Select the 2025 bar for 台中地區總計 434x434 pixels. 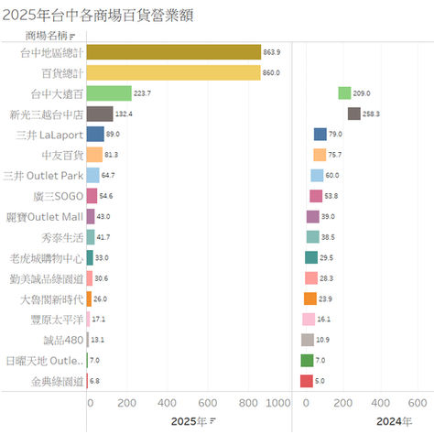(x=173, y=51)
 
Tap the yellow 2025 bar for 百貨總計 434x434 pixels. (x=173, y=72)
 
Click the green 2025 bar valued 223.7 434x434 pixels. (x=109, y=92)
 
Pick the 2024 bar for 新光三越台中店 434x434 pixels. (x=353, y=114)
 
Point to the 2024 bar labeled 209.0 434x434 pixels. (x=344, y=92)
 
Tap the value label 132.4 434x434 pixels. (x=125, y=114)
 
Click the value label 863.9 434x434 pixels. (x=272, y=52)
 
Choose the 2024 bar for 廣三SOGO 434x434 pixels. (x=316, y=196)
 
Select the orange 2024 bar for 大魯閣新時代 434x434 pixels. (x=310, y=298)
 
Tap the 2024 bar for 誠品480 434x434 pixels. (x=308, y=340)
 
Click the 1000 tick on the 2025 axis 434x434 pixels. (x=277, y=403)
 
